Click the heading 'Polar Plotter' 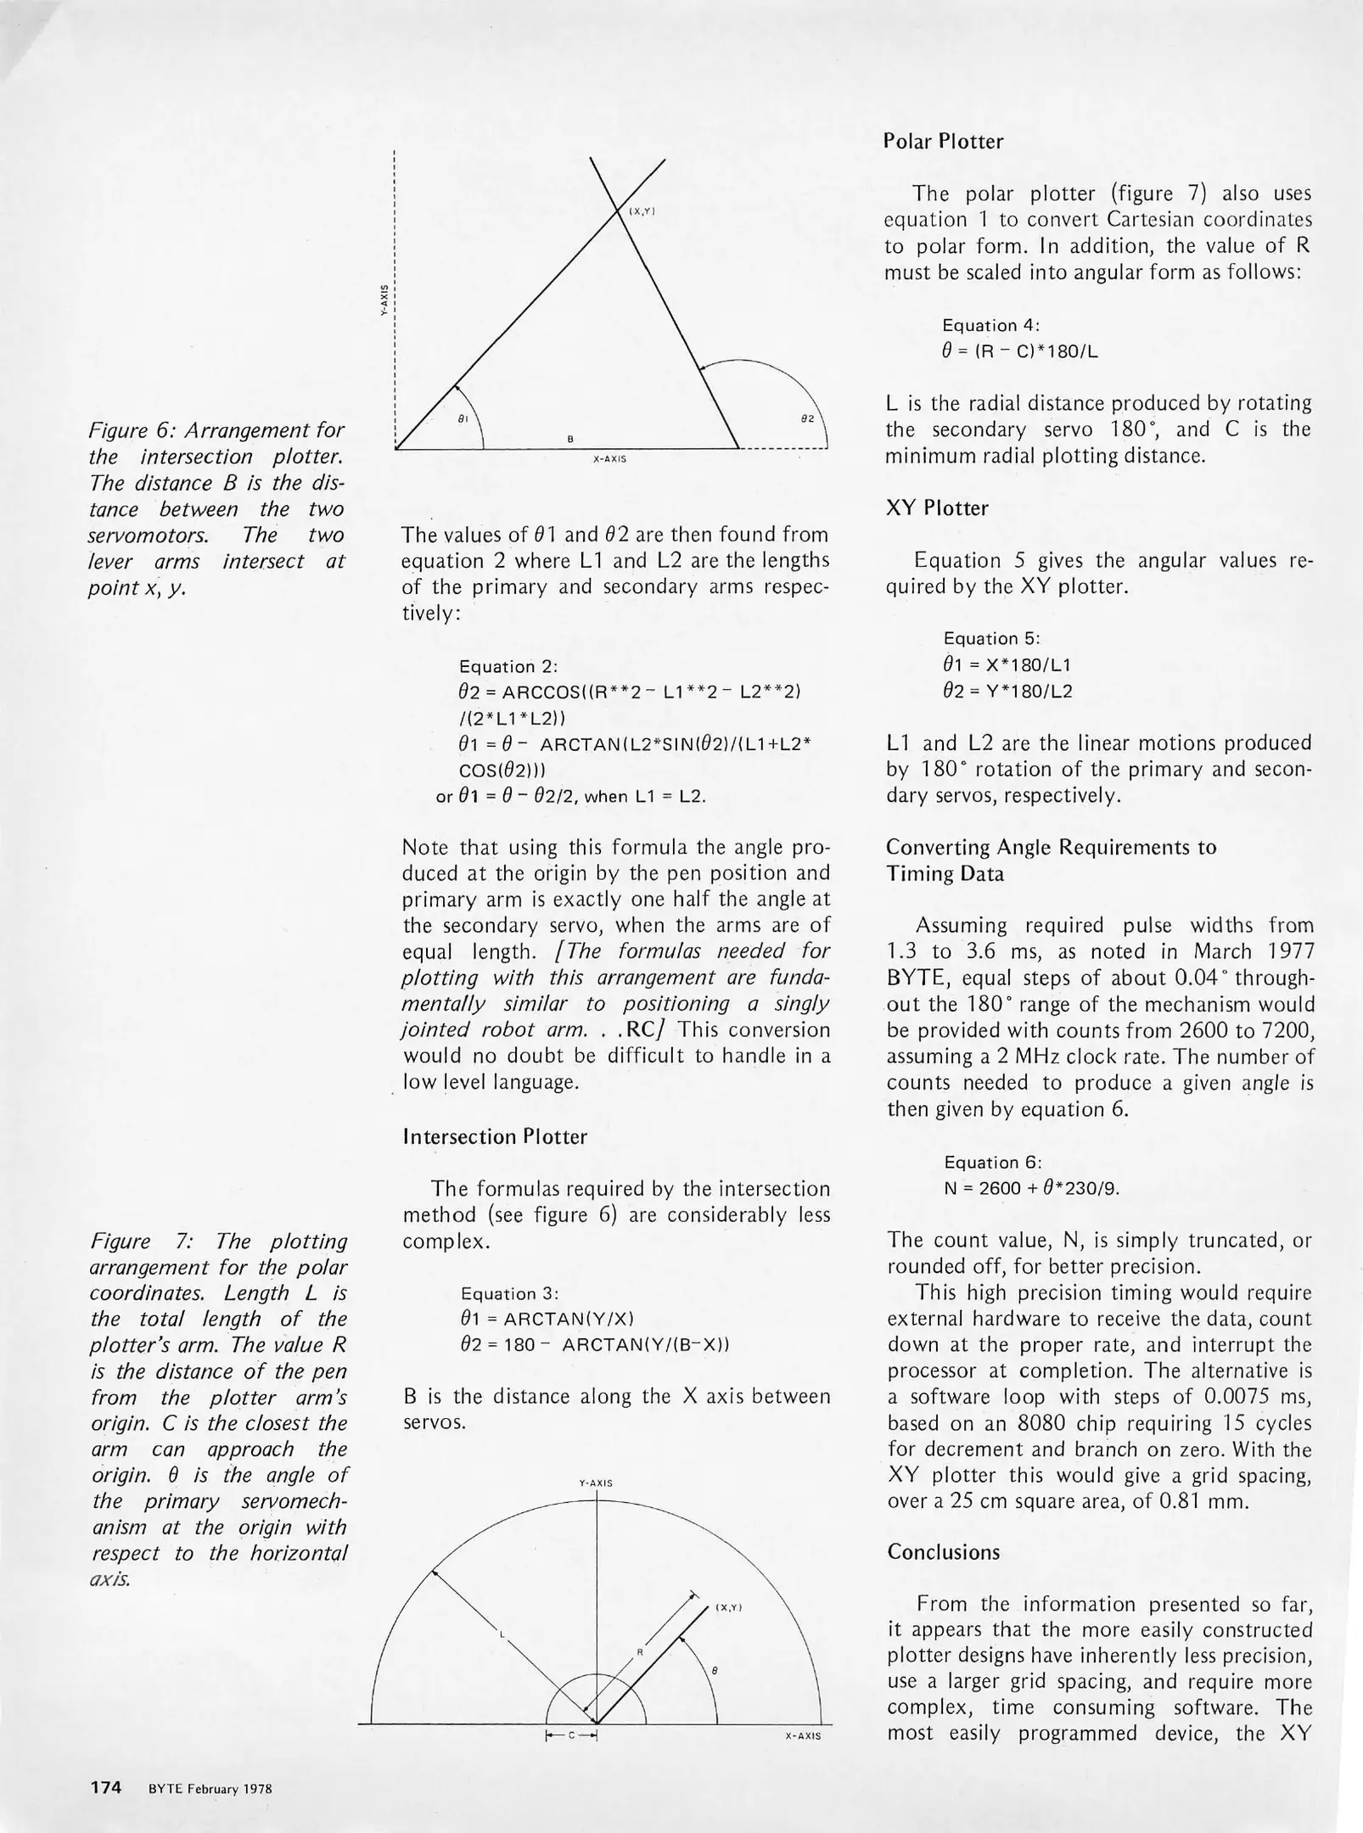(943, 142)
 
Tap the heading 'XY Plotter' (937, 508)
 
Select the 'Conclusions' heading (943, 1551)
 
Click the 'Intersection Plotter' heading (494, 1137)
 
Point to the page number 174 (106, 1788)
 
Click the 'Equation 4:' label (991, 325)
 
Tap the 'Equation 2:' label (508, 667)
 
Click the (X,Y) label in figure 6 (642, 210)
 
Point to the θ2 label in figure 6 (806, 418)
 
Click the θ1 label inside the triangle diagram (463, 418)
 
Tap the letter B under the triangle (570, 439)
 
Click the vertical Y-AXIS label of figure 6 (384, 300)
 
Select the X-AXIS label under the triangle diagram (609, 459)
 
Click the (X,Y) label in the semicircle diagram (729, 1607)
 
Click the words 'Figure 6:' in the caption (127, 430)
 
